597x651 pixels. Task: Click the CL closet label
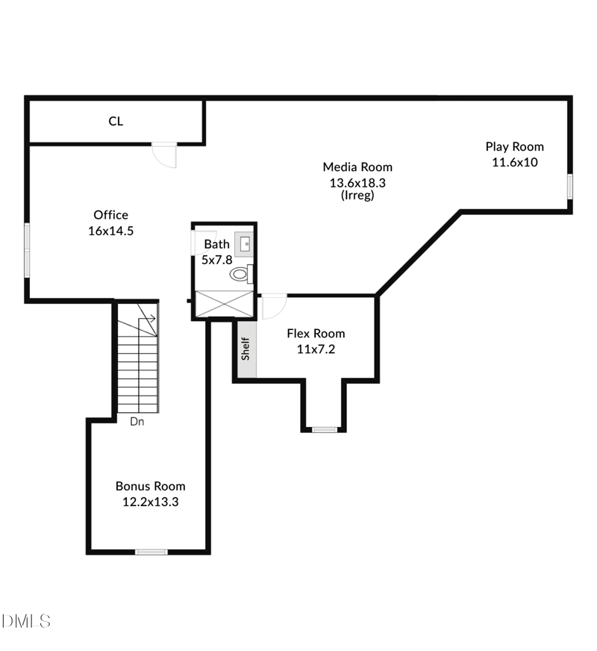116,121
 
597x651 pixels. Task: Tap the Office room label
110,215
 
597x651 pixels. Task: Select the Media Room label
357,167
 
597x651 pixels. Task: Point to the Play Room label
515,147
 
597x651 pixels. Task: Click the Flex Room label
316,334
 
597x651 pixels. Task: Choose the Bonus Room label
150,486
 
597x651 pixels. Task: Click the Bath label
217,244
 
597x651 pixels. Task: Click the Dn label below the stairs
137,422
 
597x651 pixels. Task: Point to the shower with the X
224,304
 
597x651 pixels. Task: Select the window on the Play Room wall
569,186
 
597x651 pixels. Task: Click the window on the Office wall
27,249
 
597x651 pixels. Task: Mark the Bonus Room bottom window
151,552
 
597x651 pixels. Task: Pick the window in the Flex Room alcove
325,429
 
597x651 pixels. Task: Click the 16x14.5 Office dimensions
110,231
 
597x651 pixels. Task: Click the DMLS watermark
26,620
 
